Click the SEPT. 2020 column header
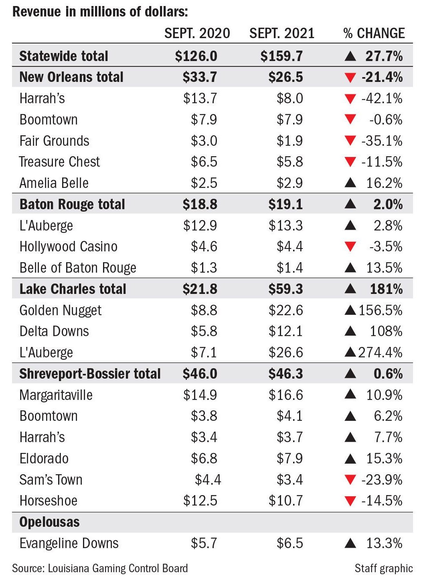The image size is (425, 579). coord(197,33)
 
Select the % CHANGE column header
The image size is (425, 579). coord(374,33)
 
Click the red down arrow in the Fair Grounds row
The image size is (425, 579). coord(350,141)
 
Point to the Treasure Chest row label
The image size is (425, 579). coord(59,162)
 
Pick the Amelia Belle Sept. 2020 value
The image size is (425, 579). coord(204,183)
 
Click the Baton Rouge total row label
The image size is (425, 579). coord(72,204)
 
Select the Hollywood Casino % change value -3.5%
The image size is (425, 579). coord(386,247)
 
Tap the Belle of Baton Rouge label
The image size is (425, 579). coord(78,268)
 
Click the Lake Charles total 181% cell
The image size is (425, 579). coord(387,289)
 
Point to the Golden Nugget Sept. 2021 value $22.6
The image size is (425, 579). coord(285,310)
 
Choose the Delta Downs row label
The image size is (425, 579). coord(54,331)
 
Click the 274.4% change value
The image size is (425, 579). coord(380,353)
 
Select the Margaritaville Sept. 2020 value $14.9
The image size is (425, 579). coord(200,395)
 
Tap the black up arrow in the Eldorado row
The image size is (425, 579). coord(350,459)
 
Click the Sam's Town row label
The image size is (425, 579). coord(51,480)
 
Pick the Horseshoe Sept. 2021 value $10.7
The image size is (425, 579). coord(285,501)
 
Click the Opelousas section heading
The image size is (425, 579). coord(49,522)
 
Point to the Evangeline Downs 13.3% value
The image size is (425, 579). coord(384,543)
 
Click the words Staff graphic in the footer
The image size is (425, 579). coord(383,569)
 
